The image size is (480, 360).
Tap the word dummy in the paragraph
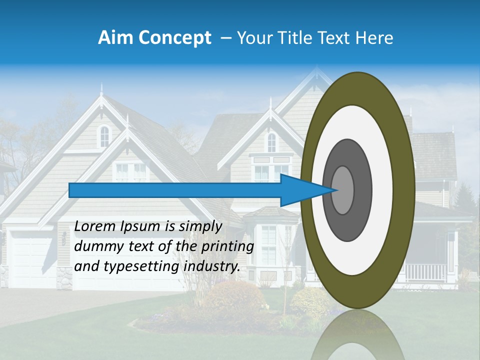(94, 247)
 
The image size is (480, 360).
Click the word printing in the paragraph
(229, 247)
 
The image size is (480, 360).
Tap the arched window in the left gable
(104, 135)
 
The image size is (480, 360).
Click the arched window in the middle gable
(271, 142)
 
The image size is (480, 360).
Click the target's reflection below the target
(357, 335)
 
